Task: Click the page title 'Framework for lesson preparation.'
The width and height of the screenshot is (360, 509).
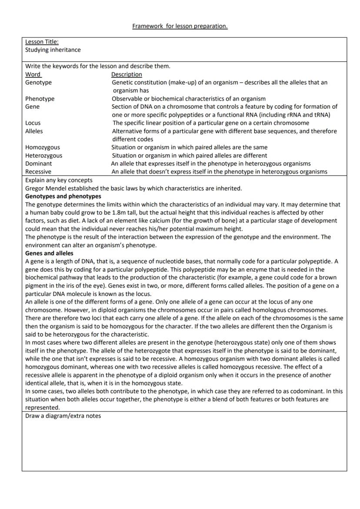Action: pyautogui.click(x=180, y=26)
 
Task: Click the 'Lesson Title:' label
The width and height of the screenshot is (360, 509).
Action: pyautogui.click(x=42, y=42)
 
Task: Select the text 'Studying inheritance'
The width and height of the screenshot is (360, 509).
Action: pyautogui.click(x=53, y=50)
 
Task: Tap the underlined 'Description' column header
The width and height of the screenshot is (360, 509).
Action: pyautogui.click(x=127, y=74)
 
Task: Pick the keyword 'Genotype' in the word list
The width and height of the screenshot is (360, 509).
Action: pyautogui.click(x=38, y=82)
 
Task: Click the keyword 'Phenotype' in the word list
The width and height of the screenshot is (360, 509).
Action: pyautogui.click(x=40, y=99)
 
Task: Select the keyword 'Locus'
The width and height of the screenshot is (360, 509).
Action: pyautogui.click(x=33, y=123)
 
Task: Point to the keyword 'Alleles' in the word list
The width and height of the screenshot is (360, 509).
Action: pyautogui.click(x=34, y=131)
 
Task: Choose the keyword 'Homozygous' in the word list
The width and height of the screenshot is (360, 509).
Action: pyautogui.click(x=43, y=147)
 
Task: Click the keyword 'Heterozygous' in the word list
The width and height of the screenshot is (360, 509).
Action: pyautogui.click(x=43, y=155)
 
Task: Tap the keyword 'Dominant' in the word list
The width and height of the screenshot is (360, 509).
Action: pyautogui.click(x=38, y=163)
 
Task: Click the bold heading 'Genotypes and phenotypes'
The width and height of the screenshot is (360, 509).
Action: pyautogui.click(x=63, y=196)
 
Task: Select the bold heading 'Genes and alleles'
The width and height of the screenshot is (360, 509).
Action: pyautogui.click(x=49, y=253)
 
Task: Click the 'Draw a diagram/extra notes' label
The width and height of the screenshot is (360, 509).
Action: pyautogui.click(x=63, y=416)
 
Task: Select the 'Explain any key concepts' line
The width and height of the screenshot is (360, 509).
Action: pyautogui.click(x=59, y=180)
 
